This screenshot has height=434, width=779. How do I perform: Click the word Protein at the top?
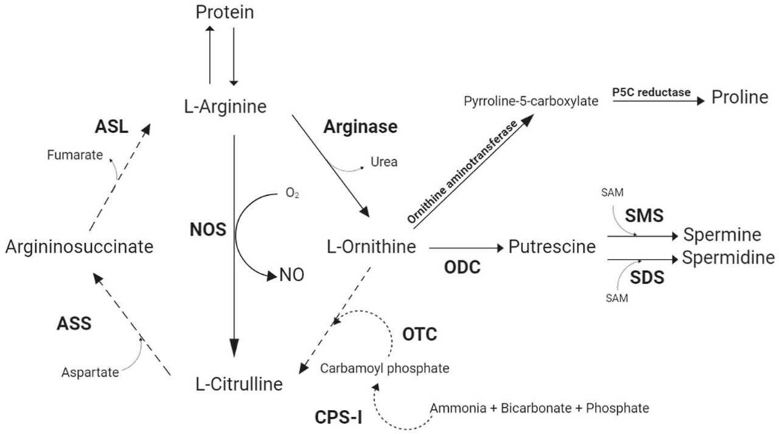[x=225, y=12]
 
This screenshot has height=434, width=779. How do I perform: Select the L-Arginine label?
[x=226, y=107]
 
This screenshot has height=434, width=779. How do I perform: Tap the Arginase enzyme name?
[x=360, y=127]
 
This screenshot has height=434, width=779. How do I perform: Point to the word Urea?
[x=383, y=163]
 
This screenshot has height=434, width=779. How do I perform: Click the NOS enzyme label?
[x=208, y=230]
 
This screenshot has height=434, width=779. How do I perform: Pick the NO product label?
[x=292, y=275]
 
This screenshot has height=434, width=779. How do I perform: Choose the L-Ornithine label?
[x=371, y=247]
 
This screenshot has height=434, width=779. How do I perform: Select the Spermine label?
[x=722, y=235]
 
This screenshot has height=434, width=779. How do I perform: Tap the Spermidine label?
[x=728, y=258]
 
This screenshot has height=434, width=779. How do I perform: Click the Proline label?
[x=740, y=97]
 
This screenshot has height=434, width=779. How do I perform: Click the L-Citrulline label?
[x=239, y=384]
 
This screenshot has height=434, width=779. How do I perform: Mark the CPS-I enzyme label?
[x=338, y=417]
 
